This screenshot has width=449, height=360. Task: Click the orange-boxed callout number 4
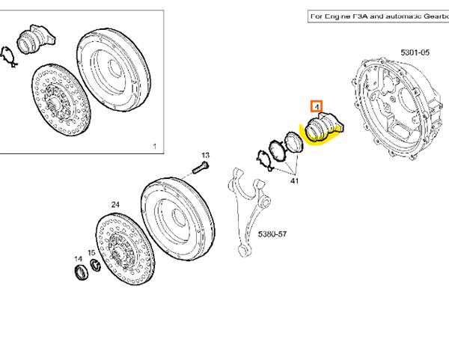317,106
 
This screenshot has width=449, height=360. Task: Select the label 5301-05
415,52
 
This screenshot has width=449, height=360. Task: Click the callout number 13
205,155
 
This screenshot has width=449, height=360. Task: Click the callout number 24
115,204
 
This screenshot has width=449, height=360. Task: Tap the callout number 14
77,259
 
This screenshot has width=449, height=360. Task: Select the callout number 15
91,253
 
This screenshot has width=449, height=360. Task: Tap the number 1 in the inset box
153,145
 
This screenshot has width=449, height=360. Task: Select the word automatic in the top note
401,16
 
